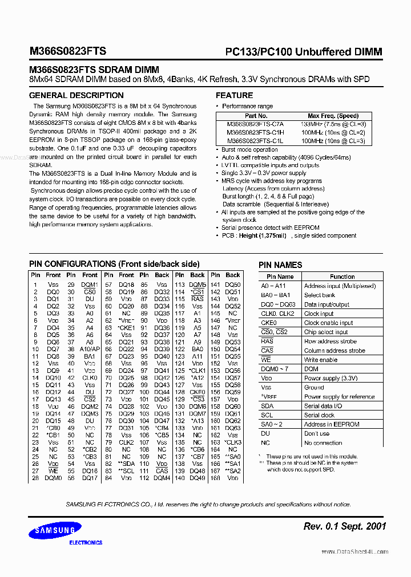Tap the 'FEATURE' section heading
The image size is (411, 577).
coord(234,95)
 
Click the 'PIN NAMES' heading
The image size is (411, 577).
coord(280,265)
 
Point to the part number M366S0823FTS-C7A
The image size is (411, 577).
coord(255,124)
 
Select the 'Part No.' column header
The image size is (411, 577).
coord(255,116)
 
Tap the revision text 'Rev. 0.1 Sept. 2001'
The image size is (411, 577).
coord(345,526)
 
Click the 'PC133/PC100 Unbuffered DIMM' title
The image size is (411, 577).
coord(303,52)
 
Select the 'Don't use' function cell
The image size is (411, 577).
coord(317,433)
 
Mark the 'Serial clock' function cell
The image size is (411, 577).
coord(319,415)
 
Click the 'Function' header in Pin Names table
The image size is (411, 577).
coord(342,277)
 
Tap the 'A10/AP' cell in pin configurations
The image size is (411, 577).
coord(90,349)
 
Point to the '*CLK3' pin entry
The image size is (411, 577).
coord(233,442)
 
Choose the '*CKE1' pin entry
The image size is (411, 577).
coord(126,328)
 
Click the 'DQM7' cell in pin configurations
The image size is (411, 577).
coord(198,413)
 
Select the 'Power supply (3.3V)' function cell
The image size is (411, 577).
coord(331,378)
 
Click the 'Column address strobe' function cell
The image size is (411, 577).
coord(335,351)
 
